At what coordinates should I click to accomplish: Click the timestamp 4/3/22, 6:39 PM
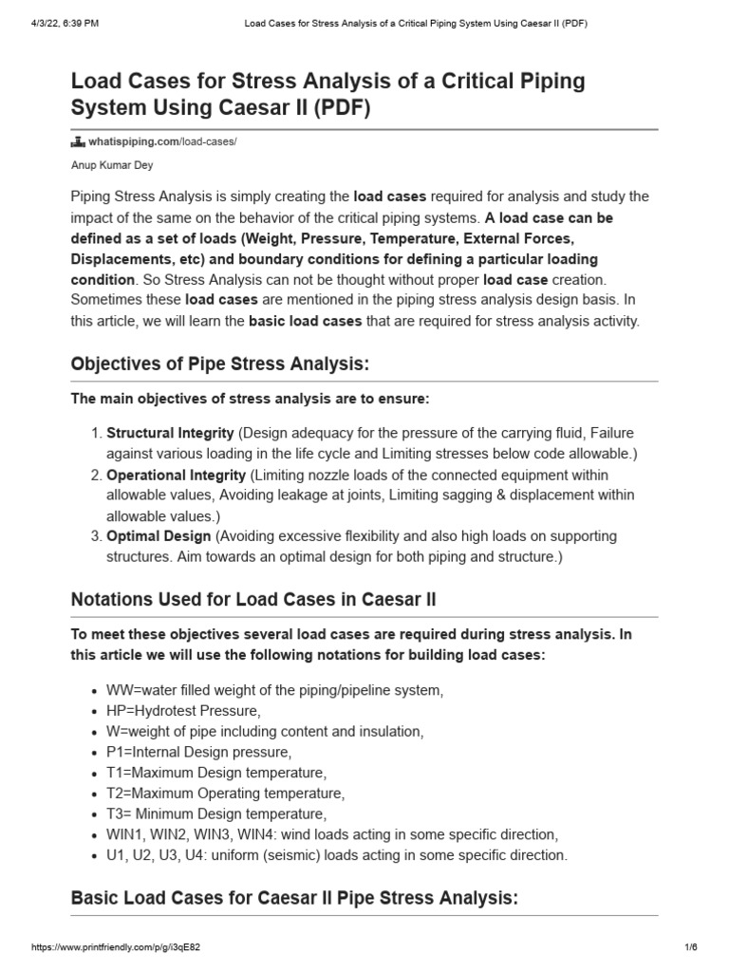coord(53,24)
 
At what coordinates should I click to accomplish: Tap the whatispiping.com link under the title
coord(162,141)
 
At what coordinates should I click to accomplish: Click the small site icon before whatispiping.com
coord(79,141)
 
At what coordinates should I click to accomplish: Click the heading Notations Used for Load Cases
coord(253,600)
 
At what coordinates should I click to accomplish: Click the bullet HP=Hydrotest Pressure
coord(178,710)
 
